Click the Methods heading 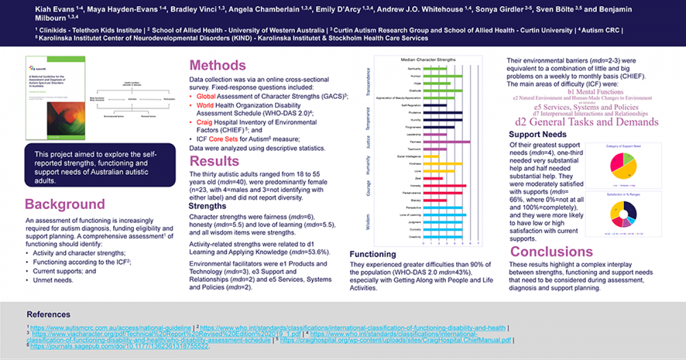pos(217,65)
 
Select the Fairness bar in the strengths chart pos(446,142)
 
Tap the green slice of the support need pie pos(628,155)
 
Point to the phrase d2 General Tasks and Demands pos(587,122)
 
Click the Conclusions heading pos(551,252)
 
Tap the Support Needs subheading pos(538,134)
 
